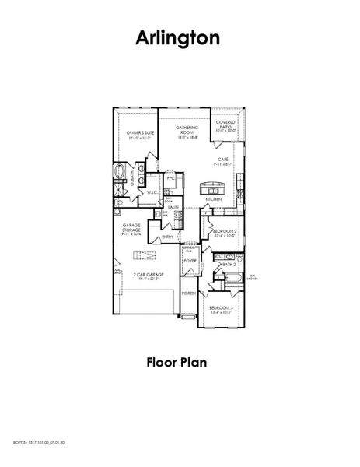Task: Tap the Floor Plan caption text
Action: click(180, 361)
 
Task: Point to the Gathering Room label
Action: click(187, 130)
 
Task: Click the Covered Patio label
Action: click(226, 125)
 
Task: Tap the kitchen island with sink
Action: click(213, 188)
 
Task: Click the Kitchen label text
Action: click(214, 199)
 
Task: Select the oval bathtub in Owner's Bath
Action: click(120, 172)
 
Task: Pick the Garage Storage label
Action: click(131, 231)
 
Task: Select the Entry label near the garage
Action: click(168, 237)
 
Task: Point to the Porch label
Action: click(187, 293)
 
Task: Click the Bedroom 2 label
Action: click(224, 232)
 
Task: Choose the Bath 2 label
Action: click(229, 265)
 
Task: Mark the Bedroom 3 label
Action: click(221, 309)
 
